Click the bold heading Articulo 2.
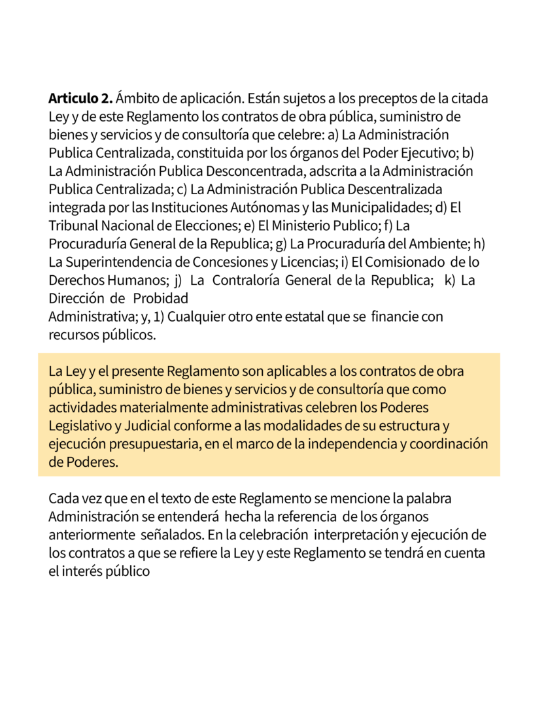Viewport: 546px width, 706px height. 80,99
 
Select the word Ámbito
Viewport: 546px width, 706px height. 137,99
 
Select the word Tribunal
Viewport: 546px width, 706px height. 71,226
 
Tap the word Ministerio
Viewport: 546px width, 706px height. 294,226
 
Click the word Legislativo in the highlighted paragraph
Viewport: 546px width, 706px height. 80,426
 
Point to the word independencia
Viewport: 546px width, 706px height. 367,443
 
